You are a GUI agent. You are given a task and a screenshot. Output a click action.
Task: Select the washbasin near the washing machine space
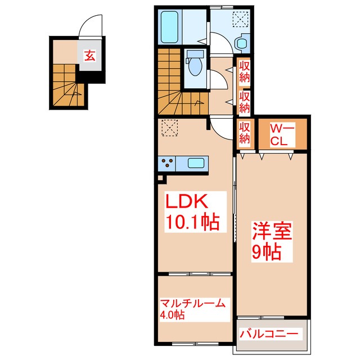click(x=243, y=43)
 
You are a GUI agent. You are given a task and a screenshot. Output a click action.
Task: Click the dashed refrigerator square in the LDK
click(x=169, y=128)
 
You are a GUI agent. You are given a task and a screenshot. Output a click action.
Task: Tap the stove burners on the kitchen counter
click(x=168, y=164)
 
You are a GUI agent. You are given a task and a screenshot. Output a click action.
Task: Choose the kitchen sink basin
click(x=195, y=164)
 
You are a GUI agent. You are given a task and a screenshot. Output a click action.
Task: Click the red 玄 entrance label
click(x=89, y=55)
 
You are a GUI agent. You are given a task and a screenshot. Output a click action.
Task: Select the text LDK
click(x=186, y=201)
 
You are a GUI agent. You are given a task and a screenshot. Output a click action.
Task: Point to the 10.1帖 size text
click(x=191, y=222)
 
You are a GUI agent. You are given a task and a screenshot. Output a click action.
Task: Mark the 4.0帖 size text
click(x=172, y=315)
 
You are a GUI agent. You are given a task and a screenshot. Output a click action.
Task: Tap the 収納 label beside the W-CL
click(x=245, y=132)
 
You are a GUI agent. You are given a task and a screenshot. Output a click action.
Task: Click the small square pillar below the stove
click(x=160, y=179)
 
